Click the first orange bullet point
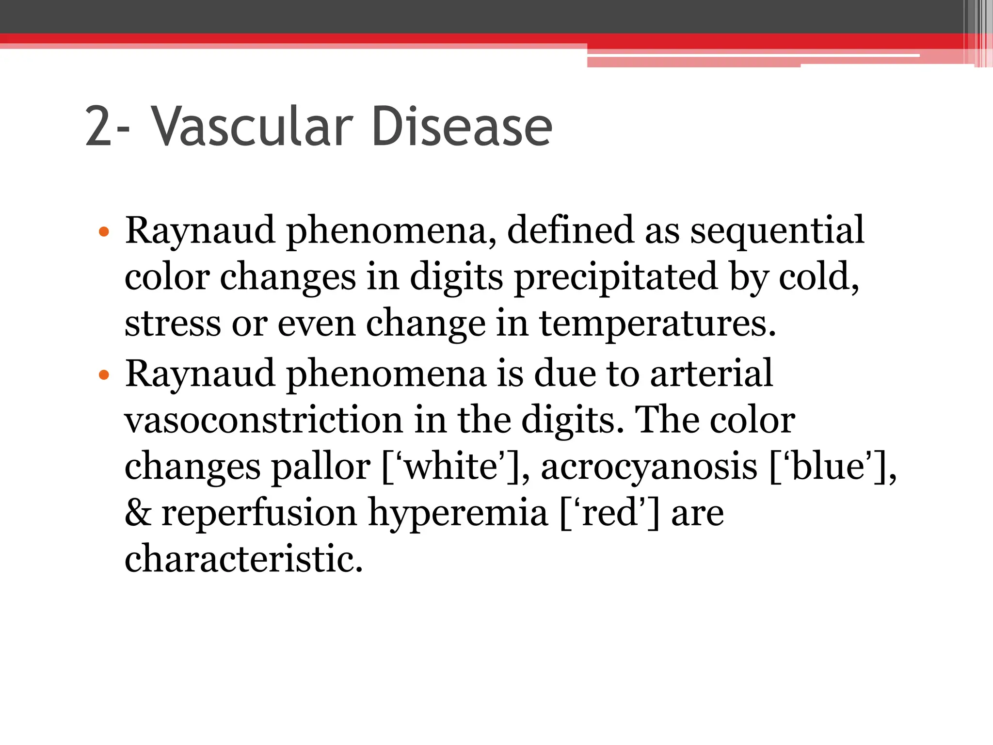pyautogui.click(x=104, y=232)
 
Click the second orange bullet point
pyautogui.click(x=104, y=375)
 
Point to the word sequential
pyautogui.click(x=777, y=231)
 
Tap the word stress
pyautogui.click(x=173, y=324)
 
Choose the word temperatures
pyautogui.click(x=657, y=324)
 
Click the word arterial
pyautogui.click(x=711, y=373)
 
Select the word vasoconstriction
pyautogui.click(x=263, y=420)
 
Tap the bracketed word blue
pyautogui.click(x=828, y=467)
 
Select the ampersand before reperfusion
pyautogui.click(x=138, y=513)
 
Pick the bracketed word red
pyautogui.click(x=609, y=513)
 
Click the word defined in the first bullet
pyautogui.click(x=570, y=231)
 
